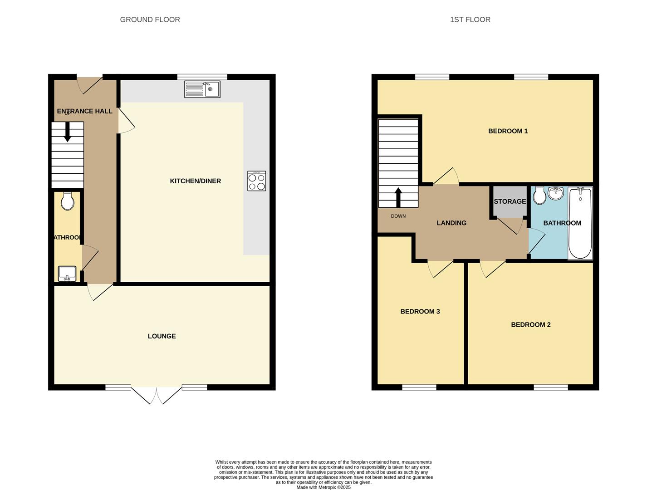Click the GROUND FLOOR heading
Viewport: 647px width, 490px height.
[150, 20]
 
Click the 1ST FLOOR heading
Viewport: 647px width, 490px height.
[470, 20]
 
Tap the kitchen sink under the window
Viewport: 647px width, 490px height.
[202, 89]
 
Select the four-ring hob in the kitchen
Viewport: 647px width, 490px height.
[257, 181]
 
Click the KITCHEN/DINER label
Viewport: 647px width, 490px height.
[195, 181]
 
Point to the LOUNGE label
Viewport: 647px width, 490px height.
[162, 336]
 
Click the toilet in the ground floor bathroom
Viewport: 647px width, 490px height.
[68, 201]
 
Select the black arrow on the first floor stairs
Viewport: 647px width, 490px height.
[398, 196]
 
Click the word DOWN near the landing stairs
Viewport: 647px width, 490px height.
[398, 216]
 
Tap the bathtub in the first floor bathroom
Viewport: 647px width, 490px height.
[580, 223]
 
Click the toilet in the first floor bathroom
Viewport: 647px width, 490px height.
[539, 196]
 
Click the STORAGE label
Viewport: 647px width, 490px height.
[510, 201]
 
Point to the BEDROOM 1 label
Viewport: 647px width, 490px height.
[508, 131]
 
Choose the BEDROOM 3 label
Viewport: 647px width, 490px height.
[420, 312]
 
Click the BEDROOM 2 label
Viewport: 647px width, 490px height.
[530, 325]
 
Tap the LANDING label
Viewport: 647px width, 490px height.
[451, 223]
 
